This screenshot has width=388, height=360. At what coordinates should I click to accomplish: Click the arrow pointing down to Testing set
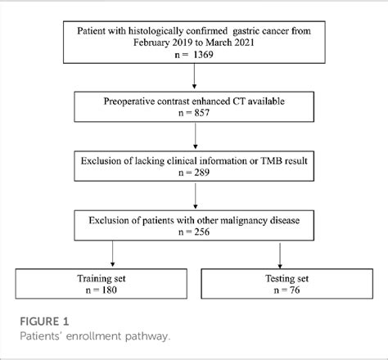(x=281, y=255)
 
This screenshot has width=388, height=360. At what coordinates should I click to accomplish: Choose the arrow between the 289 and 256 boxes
(x=194, y=195)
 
